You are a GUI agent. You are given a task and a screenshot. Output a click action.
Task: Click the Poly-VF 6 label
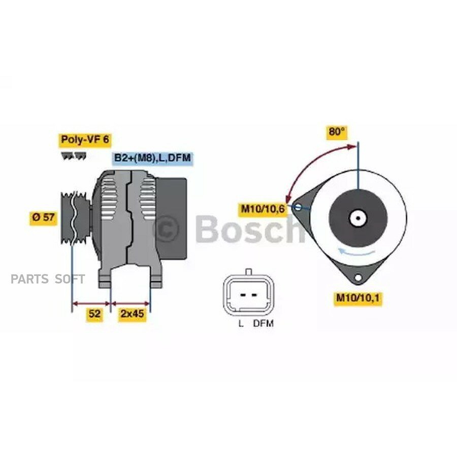click(85, 139)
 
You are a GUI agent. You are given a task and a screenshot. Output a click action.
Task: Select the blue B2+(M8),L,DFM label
click(152, 158)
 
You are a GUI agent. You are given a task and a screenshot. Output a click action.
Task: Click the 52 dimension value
click(94, 314)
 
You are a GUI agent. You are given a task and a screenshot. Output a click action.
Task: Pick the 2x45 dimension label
click(132, 314)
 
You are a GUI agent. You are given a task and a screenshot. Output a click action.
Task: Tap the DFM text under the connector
click(263, 323)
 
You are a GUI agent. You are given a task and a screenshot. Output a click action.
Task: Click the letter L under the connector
click(241, 323)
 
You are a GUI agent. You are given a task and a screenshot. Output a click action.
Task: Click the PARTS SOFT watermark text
click(49, 279)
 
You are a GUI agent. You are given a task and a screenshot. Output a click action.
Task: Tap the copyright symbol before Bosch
click(167, 228)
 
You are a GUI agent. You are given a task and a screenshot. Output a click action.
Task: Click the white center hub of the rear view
click(358, 219)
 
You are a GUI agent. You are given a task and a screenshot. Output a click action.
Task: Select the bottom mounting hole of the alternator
click(358, 277)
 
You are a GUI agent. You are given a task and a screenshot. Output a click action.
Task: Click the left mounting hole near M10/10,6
click(298, 207)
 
